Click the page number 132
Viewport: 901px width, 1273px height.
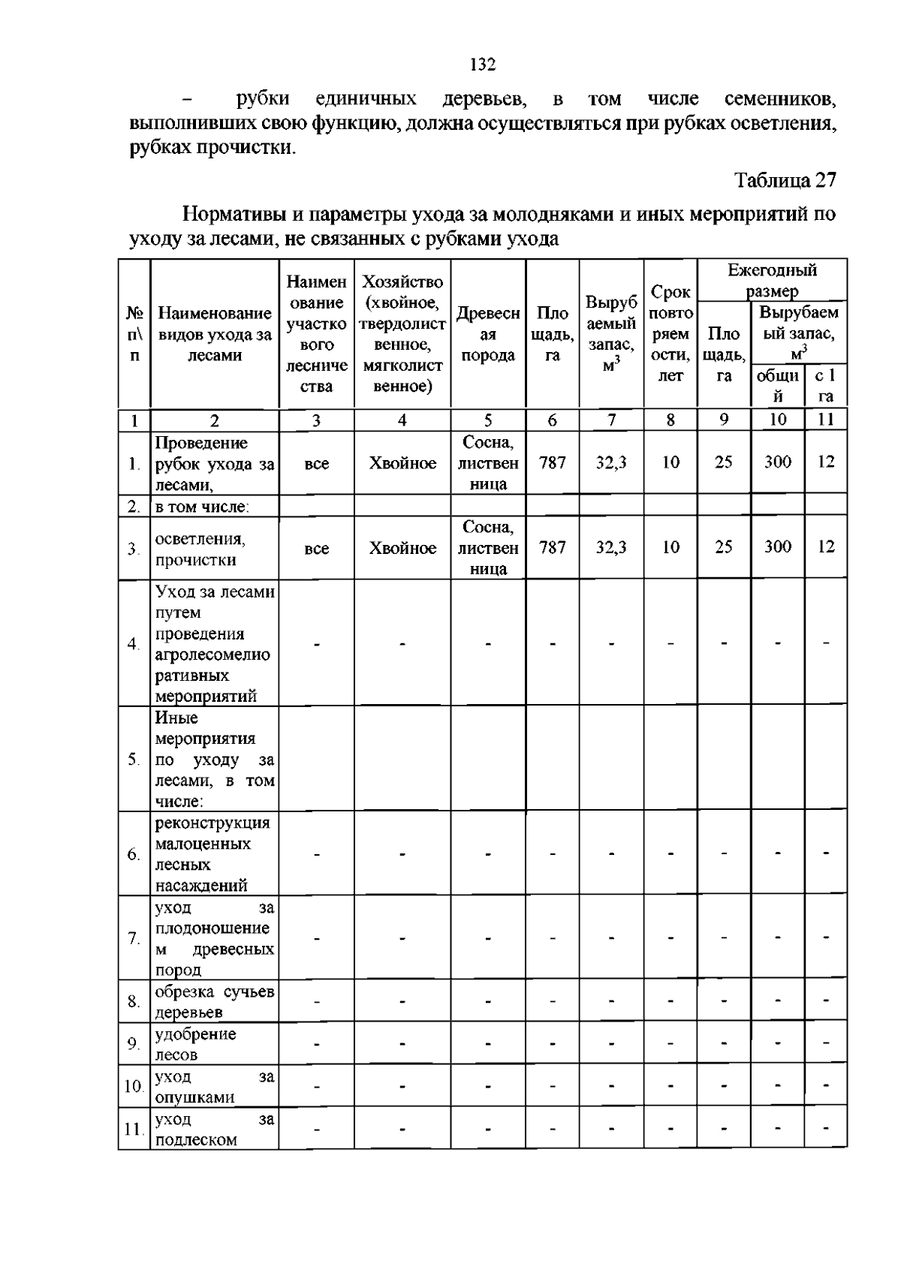coord(483,65)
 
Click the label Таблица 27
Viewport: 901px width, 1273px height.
coord(785,180)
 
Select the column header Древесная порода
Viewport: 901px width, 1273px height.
coord(488,334)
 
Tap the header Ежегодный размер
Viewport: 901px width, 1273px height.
coord(772,280)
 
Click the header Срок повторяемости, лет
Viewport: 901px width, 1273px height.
coord(670,334)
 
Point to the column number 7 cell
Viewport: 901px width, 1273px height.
coord(611,420)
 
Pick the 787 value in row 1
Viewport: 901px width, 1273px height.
coord(552,463)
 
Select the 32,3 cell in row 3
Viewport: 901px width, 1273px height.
coord(611,548)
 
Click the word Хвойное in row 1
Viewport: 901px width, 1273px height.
coord(402,464)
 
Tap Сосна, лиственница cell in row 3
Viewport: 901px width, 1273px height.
coord(488,548)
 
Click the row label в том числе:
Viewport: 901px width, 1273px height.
coord(202,507)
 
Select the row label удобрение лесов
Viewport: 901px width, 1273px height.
coord(196,1044)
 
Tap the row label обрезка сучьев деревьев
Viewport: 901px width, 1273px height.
coord(214,1002)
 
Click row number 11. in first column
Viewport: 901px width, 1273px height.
coord(134,1129)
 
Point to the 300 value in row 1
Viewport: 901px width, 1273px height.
coord(777,462)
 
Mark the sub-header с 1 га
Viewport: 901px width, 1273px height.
coord(825,386)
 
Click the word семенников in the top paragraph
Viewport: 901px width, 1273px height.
coord(779,99)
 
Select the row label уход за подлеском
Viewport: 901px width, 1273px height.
coord(214,1130)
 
